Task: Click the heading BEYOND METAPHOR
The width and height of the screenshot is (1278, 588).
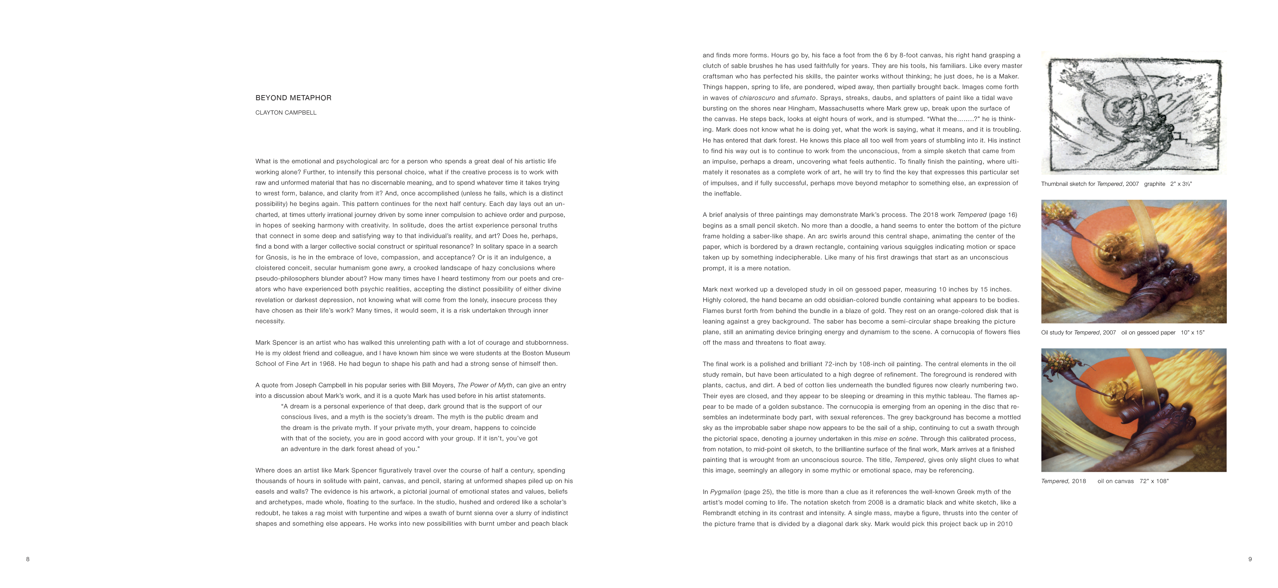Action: pyautogui.click(x=293, y=98)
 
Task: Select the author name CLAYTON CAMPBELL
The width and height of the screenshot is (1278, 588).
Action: pyautogui.click(x=286, y=112)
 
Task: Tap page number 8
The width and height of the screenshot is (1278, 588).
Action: pyautogui.click(x=28, y=559)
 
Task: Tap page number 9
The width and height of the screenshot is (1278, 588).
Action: pyautogui.click(x=1250, y=559)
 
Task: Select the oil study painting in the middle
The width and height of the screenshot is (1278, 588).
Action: pyautogui.click(x=1133, y=261)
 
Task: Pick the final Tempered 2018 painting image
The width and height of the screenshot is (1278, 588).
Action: pyautogui.click(x=1133, y=410)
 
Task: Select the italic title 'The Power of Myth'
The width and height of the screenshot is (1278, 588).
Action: pyautogui.click(x=485, y=385)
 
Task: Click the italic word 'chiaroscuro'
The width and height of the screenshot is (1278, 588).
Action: pyautogui.click(x=757, y=98)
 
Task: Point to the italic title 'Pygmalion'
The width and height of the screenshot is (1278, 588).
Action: pyautogui.click(x=725, y=492)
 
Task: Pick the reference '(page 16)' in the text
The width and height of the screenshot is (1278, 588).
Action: pyautogui.click(x=1003, y=215)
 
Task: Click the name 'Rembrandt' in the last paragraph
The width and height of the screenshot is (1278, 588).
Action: pyautogui.click(x=718, y=513)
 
